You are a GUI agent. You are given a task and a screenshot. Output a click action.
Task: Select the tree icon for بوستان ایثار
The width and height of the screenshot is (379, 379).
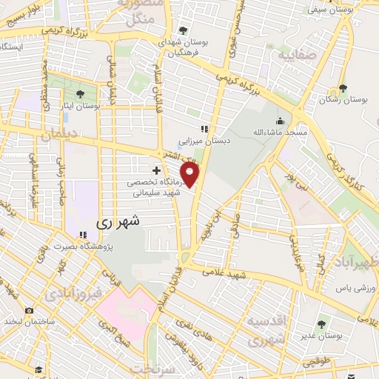(79, 93)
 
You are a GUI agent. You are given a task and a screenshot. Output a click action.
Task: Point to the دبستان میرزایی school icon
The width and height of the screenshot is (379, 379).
(204, 128)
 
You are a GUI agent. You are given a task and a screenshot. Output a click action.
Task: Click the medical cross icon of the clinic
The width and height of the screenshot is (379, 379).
(156, 170)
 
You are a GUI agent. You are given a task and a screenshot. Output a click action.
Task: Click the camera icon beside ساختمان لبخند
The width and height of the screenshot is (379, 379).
(28, 311)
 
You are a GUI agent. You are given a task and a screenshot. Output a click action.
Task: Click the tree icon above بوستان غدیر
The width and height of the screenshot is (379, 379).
(321, 323)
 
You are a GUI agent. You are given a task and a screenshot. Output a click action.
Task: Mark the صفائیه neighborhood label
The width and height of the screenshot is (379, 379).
(295, 56)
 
